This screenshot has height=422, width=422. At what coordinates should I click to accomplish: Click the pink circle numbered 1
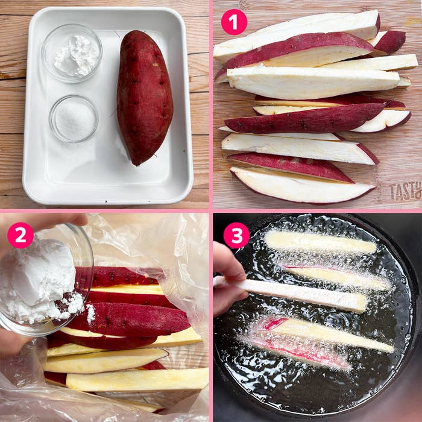coord(234,22)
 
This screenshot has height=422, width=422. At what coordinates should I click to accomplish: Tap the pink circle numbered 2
coord(20,235)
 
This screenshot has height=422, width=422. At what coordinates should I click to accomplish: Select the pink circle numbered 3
coord(236,235)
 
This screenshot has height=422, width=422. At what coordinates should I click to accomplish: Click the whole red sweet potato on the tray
coord(145,97)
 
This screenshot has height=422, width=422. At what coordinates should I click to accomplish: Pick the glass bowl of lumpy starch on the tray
coord(72,53)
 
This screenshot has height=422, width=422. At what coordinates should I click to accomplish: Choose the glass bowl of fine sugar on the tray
coord(74,118)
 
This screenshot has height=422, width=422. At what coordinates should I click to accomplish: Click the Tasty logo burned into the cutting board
coord(406,191)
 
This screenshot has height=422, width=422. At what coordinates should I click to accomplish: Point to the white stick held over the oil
coord(291,294)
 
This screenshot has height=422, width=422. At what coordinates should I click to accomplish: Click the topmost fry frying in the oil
coord(320,242)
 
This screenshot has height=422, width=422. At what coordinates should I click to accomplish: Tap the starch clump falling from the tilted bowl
coord(90,313)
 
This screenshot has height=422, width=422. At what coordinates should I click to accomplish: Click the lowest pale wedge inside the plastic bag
coord(137,379)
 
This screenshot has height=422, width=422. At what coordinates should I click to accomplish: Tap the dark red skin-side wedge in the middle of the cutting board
coord(304,118)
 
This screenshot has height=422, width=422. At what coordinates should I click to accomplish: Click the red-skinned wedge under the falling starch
coord(129,320)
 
